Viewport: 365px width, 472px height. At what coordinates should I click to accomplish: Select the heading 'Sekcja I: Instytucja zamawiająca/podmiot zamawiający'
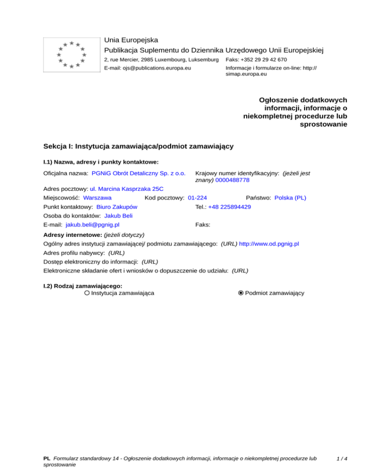pyautogui.click(x=138, y=146)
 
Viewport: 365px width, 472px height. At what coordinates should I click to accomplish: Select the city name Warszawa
pyautogui.click(x=97, y=198)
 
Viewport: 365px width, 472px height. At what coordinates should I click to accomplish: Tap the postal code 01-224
pyautogui.click(x=197, y=198)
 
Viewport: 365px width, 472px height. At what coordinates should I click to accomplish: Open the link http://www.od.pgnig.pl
pyautogui.click(x=269, y=244)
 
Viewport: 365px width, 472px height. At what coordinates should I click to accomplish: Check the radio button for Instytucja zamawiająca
pyautogui.click(x=87, y=293)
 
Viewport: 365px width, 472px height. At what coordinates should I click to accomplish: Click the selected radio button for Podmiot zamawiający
pyautogui.click(x=241, y=293)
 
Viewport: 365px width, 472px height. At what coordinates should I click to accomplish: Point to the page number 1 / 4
pyautogui.click(x=341, y=459)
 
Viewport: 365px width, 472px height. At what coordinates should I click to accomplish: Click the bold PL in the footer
pyautogui.click(x=47, y=459)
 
